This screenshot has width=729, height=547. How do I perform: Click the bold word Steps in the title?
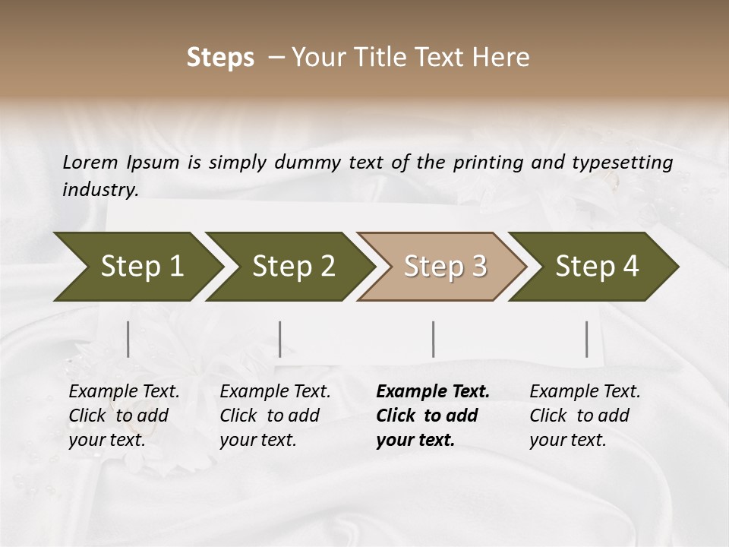pos(220,58)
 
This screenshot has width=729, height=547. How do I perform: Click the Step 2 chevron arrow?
pos(289,267)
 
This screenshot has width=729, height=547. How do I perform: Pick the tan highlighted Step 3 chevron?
pos(440,267)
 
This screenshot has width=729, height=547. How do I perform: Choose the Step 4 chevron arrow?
pos(592,267)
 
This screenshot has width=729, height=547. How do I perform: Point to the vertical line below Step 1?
pos(128,339)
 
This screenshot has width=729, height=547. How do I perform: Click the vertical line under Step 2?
pos(280,339)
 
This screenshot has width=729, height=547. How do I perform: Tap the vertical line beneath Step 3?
pos(434,339)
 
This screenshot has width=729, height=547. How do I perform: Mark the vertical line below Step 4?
pos(587,339)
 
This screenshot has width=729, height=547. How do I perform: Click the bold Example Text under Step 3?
pos(433,416)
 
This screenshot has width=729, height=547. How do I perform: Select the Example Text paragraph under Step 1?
pos(124,416)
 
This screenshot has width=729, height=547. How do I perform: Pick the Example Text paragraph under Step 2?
pos(275,416)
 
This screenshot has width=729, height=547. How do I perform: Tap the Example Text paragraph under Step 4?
pos(585,416)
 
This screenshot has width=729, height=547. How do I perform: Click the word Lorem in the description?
pos(90,162)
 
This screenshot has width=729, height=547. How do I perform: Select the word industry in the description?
pos(100,190)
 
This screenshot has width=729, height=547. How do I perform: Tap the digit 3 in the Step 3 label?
pos(478,267)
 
